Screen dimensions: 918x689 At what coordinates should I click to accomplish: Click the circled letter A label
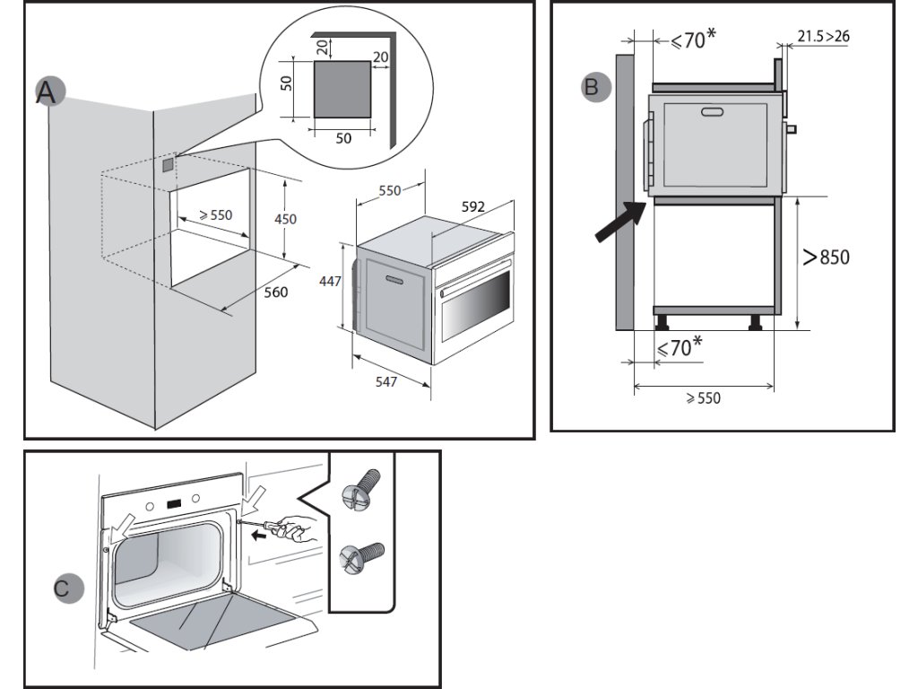48,92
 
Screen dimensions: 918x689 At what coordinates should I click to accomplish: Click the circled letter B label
595,87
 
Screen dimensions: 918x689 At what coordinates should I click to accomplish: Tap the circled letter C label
68,589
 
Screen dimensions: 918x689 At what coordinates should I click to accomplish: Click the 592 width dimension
473,207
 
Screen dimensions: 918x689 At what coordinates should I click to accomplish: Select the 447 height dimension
330,281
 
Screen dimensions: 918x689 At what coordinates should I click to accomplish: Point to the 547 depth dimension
386,381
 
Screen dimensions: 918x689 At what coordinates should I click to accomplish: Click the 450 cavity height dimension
285,219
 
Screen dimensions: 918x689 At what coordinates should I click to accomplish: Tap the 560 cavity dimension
275,292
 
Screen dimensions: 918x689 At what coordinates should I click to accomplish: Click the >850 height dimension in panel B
826,257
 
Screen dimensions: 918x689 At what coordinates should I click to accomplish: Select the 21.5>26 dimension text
823,36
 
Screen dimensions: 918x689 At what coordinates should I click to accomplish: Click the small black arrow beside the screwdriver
257,535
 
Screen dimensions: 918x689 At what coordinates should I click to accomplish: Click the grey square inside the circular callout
342,89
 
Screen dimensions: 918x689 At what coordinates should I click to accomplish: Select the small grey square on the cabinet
168,164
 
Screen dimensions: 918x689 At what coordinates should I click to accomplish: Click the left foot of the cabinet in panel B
663,322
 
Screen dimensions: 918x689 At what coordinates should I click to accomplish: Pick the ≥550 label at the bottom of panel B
703,397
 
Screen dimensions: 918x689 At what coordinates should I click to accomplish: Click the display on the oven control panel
173,503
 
